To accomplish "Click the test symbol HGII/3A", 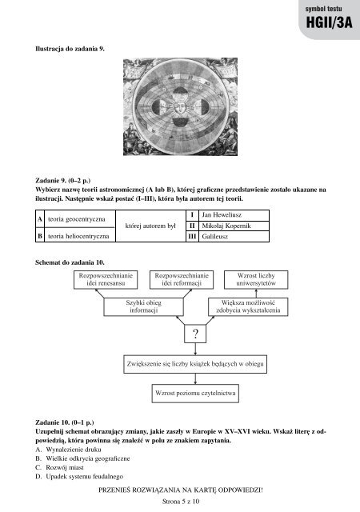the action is tap(329, 23).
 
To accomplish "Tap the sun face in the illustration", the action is tap(180, 106).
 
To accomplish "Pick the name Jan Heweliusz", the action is tap(222, 215).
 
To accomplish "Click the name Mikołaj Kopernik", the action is tap(226, 226).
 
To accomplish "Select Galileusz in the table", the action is tap(214, 237).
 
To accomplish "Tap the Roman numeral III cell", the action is tap(192, 237).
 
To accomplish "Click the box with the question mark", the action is tap(195, 334).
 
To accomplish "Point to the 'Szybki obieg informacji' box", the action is tap(143, 306).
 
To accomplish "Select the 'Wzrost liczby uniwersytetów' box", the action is tap(256, 279).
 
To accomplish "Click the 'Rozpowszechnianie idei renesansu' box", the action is tap(106, 279).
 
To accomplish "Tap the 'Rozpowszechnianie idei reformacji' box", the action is tap(182, 279).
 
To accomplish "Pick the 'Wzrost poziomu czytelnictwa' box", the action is tap(195, 393).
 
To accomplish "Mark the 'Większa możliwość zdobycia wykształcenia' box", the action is tap(248, 306).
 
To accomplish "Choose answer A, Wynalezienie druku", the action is tap(68, 450).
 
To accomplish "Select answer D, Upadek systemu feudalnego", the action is tap(79, 477).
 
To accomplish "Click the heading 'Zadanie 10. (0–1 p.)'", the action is tap(65, 422).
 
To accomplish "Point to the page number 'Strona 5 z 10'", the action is tap(180, 502).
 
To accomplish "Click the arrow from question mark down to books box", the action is tap(195, 349).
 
